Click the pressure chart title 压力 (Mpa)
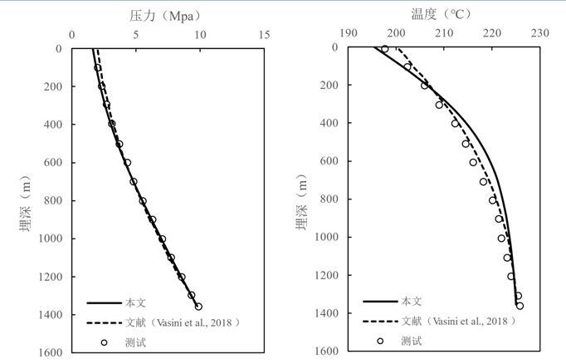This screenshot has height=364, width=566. coord(166,15)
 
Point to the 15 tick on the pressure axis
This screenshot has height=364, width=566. coord(264,35)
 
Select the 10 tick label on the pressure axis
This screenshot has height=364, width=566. coord(199,35)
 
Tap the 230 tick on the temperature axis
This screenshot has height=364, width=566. coord(540,33)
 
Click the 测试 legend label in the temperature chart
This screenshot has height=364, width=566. coord(412,341)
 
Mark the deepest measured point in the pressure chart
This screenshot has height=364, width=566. coord(198,307)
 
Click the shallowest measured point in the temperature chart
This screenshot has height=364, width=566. coord(384,50)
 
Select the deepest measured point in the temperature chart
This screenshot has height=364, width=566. coord(520,306)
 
